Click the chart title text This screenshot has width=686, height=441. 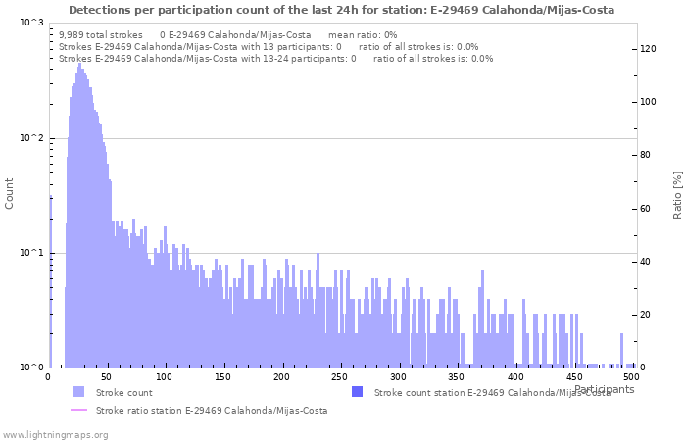click(342, 10)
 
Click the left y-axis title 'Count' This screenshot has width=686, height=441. click(10, 194)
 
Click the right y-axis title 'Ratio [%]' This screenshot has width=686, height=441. click(677, 194)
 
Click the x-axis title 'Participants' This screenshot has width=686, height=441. click(604, 389)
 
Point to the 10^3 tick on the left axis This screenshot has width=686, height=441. click(30, 23)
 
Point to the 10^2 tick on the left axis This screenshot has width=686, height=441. click(30, 138)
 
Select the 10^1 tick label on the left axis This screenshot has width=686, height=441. click(30, 253)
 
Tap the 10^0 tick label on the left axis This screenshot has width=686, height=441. click(30, 367)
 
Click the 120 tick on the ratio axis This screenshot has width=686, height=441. click(649, 48)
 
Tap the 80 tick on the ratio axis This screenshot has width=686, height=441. click(646, 155)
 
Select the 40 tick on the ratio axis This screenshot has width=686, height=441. click(646, 262)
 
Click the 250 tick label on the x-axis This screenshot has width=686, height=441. click(340, 376)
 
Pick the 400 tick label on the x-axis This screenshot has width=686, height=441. click(515, 376)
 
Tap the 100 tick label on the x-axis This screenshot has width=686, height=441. click(165, 376)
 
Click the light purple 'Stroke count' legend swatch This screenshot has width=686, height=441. click(78, 392)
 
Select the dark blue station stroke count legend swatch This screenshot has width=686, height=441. click(357, 392)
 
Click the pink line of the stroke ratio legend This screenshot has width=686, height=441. click(78, 411)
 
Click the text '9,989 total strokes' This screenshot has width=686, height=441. click(101, 34)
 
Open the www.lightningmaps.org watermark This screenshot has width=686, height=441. click(55, 434)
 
